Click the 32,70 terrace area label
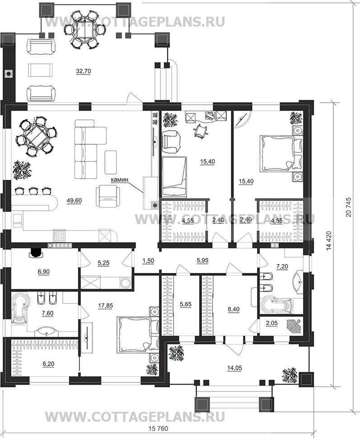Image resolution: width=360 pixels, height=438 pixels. pyautogui.click(x=84, y=71)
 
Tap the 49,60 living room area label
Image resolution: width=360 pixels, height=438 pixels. pyautogui.click(x=75, y=201)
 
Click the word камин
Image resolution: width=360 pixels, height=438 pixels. pyautogui.click(x=119, y=180)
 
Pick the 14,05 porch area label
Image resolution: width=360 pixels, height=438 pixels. pyautogui.click(x=234, y=368)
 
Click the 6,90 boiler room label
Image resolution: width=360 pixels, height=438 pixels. pyautogui.click(x=44, y=271)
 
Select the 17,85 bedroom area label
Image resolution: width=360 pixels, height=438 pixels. pyautogui.click(x=106, y=306)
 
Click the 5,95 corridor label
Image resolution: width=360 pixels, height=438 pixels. pyautogui.click(x=203, y=260)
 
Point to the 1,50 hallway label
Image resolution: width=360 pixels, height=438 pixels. pyautogui.click(x=148, y=260)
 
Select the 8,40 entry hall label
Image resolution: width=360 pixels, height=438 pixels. pyautogui.click(x=234, y=309)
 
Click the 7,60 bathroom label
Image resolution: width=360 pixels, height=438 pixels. pyautogui.click(x=47, y=313)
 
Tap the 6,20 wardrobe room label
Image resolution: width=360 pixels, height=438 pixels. pyautogui.click(x=48, y=364)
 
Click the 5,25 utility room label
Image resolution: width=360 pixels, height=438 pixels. pyautogui.click(x=103, y=263)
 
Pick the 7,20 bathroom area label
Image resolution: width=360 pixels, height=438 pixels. pyautogui.click(x=282, y=267)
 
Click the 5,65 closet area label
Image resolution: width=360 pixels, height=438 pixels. pyautogui.click(x=186, y=304)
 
